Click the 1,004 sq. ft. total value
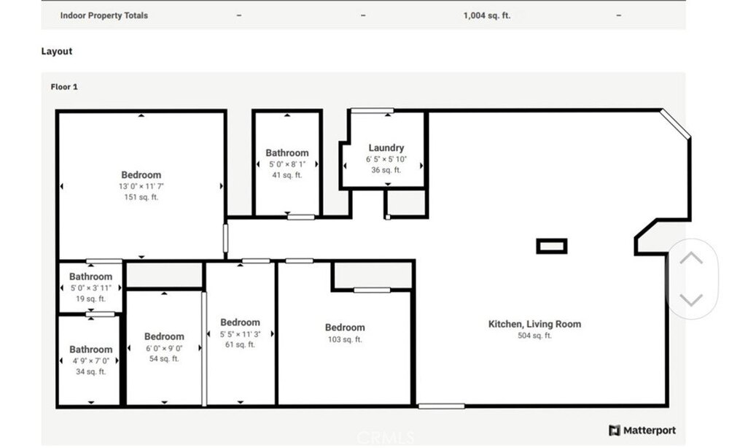coord(487,15)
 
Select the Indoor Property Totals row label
coord(104,15)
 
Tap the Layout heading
coord(57,51)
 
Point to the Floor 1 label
coord(64,87)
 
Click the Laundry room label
coord(386,147)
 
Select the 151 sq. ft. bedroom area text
coord(141,197)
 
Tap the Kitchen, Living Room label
coord(534,324)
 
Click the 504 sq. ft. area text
coord(534,336)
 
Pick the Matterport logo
coord(642,430)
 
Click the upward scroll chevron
coord(691,258)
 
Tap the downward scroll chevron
coord(691,300)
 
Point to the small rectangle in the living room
coord(552,246)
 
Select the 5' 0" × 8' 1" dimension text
coord(287,164)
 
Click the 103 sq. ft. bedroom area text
coord(345,339)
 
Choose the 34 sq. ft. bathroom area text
coord(91,371)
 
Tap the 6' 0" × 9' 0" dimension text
coord(164,349)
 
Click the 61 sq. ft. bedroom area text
coord(241,344)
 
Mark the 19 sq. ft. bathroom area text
coord(90,299)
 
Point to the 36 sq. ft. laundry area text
coord(386,170)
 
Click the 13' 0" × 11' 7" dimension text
coord(141,186)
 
